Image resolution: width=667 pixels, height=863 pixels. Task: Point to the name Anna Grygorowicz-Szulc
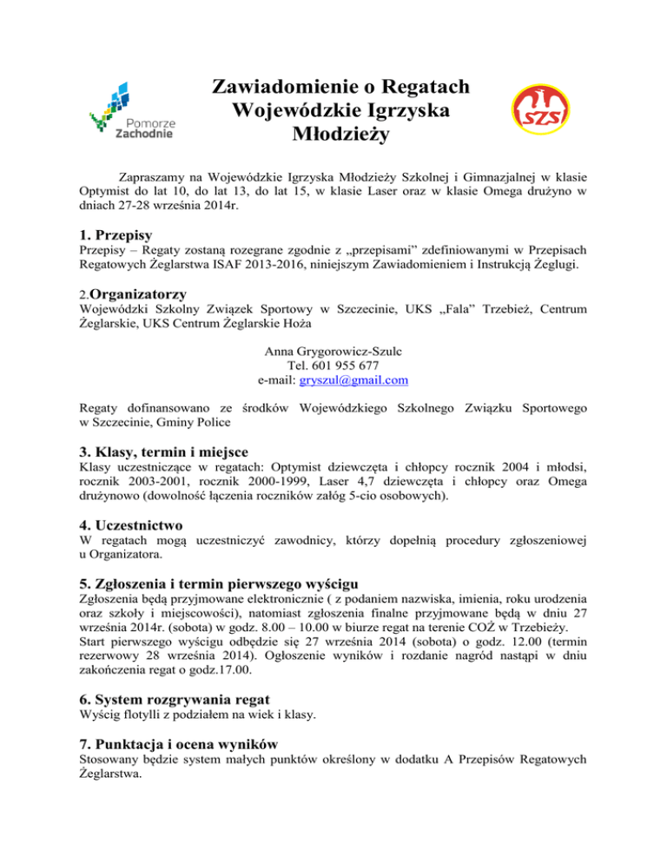333,352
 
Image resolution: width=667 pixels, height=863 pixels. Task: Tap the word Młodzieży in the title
341,135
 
